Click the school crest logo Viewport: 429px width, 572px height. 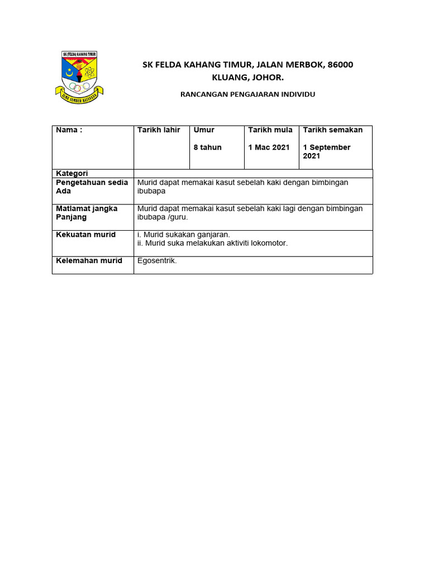[78, 77]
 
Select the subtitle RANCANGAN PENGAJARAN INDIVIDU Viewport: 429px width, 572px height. [247, 94]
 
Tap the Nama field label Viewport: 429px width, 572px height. [69, 130]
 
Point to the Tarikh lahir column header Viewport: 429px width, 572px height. [159, 130]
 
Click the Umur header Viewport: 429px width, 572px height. [204, 130]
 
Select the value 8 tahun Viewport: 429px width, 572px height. [207, 147]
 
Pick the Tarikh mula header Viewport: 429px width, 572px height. [270, 130]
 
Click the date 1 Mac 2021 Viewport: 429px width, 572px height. [269, 147]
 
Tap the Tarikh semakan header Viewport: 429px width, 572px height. [332, 130]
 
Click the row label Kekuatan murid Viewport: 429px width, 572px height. [85, 235]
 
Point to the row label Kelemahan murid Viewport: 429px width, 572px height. [89, 261]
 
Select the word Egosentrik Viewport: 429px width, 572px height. [156, 261]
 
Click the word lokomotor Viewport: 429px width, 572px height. [269, 244]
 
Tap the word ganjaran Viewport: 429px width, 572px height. [214, 235]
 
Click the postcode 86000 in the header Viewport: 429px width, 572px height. [340, 65]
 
